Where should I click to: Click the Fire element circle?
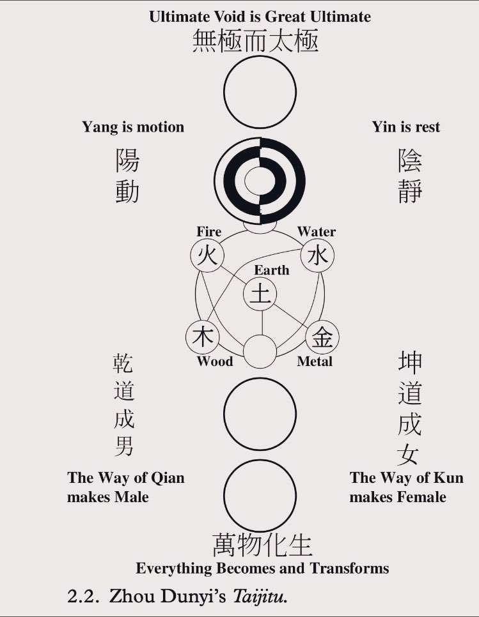point(208,255)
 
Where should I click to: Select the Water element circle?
point(317,255)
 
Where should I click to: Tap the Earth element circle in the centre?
point(260,294)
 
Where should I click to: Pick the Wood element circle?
point(203,337)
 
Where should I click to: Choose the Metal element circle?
point(322,337)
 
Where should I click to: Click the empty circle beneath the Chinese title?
point(260,92)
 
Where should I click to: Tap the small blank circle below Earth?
point(260,351)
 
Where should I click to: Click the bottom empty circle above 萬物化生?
point(260,494)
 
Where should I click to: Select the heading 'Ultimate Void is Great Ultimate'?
point(260,16)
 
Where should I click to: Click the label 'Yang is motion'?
point(132,127)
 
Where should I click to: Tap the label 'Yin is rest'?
point(406,127)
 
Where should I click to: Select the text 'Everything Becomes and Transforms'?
point(262,568)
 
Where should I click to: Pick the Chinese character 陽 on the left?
point(127,160)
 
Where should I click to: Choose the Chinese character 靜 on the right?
point(410,191)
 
